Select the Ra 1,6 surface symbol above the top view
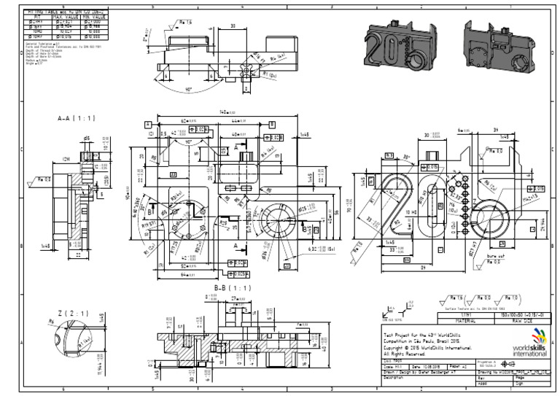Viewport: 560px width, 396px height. click(184, 23)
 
